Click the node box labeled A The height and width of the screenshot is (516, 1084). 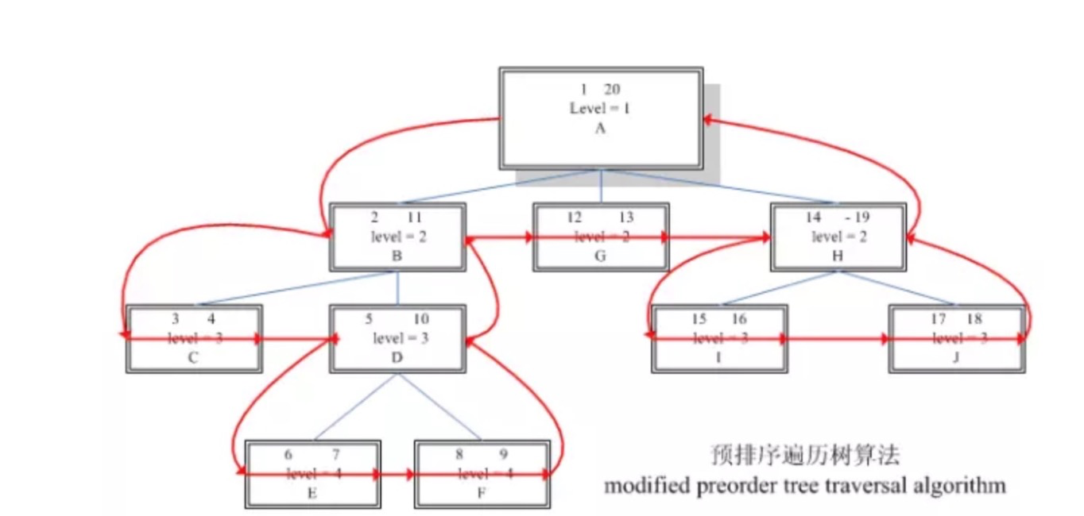coord(601,117)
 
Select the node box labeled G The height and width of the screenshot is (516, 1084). coord(601,237)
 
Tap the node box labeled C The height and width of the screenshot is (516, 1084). coord(193,339)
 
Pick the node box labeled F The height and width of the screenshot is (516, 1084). coord(482,474)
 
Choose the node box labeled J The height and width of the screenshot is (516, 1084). coord(956,339)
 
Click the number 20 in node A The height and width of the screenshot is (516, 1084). coord(612,90)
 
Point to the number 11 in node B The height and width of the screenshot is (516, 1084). coord(414,218)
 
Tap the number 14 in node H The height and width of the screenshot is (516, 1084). coord(813,218)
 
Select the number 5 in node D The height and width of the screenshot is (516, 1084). coord(369,319)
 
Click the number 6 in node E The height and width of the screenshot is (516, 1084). coord(288,455)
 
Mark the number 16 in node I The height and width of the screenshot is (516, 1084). coord(738,319)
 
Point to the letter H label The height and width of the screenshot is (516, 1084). coord(838,256)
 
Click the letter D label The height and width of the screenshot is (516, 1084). coord(397,358)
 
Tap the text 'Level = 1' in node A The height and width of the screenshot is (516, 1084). coord(600,109)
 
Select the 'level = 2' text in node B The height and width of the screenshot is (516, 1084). coord(398,237)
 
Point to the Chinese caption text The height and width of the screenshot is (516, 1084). coord(805,456)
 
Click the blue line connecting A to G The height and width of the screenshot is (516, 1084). coord(601,187)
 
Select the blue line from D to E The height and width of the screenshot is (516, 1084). coord(355,406)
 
